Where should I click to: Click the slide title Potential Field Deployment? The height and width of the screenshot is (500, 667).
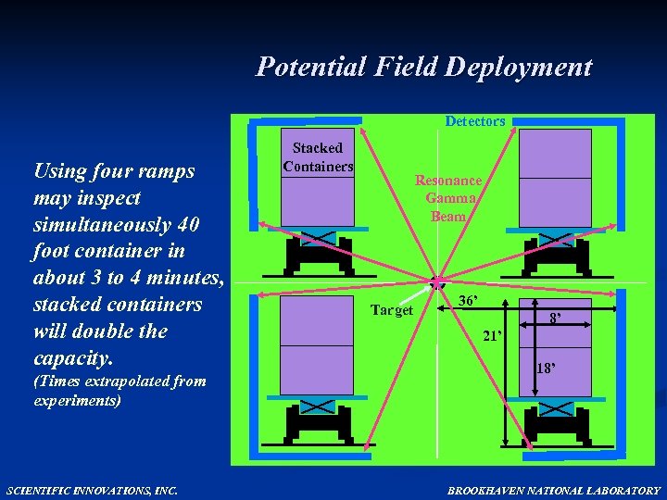pos(423,67)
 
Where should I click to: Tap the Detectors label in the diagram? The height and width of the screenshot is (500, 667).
pos(474,121)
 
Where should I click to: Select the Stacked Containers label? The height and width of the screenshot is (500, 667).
pos(318,157)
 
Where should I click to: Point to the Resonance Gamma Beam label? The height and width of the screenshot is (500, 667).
pos(448,198)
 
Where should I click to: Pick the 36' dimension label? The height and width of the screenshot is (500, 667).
pos(469,301)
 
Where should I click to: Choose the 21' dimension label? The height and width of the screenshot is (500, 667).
pos(492,336)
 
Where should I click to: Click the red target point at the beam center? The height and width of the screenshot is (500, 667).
pos(436,281)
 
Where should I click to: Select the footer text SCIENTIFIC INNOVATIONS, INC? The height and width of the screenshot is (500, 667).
pos(91,490)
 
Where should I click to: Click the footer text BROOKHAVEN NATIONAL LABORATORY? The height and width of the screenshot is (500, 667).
pos(554,490)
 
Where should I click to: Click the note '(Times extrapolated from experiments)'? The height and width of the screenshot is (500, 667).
pos(120,391)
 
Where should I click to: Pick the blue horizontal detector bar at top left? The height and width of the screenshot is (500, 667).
pos(306,120)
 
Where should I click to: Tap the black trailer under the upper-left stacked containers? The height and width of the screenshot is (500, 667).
pos(318,250)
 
